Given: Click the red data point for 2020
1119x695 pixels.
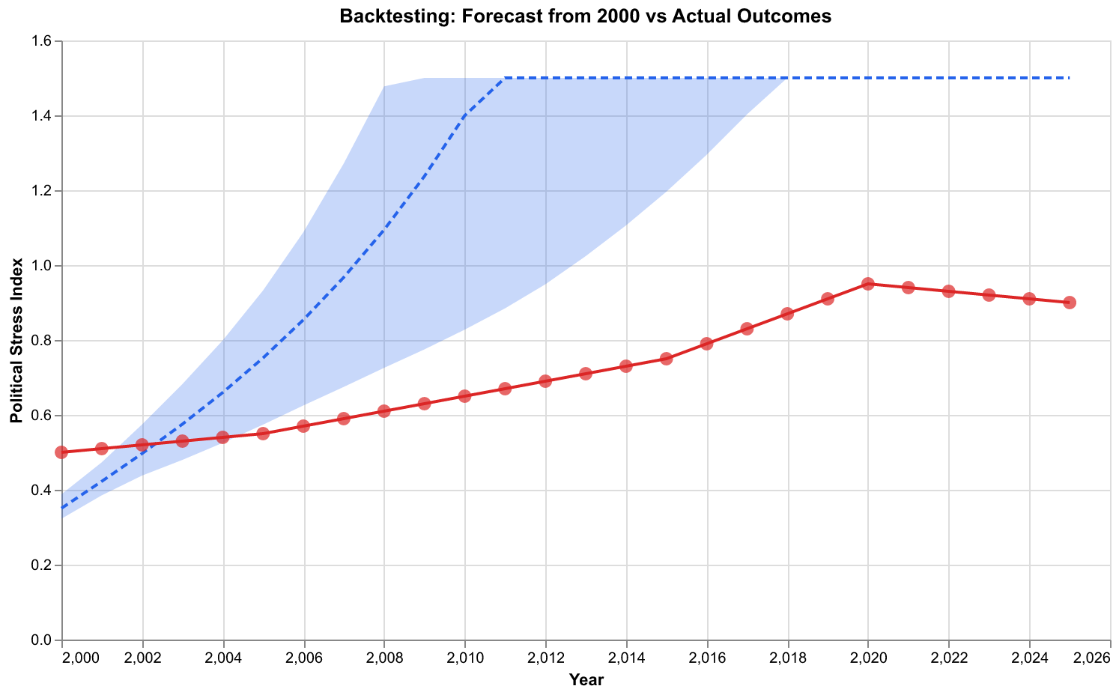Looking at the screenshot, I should coord(868,284).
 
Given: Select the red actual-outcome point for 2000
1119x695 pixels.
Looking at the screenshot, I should coord(62,452).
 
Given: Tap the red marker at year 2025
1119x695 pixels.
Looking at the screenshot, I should coord(1070,303).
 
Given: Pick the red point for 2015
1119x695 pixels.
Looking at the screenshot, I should coord(667,359).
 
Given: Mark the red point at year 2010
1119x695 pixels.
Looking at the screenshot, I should coord(464,396).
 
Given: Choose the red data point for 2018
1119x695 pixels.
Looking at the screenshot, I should coord(787,314).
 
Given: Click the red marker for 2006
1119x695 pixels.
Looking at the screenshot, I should coord(303,426).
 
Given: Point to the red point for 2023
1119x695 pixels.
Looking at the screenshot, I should coord(989,295).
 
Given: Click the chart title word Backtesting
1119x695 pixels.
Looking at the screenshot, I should coord(383,16).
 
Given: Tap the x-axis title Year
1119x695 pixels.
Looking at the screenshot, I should coord(586,680).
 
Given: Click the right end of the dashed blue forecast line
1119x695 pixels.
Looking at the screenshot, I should coord(1070,78).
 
